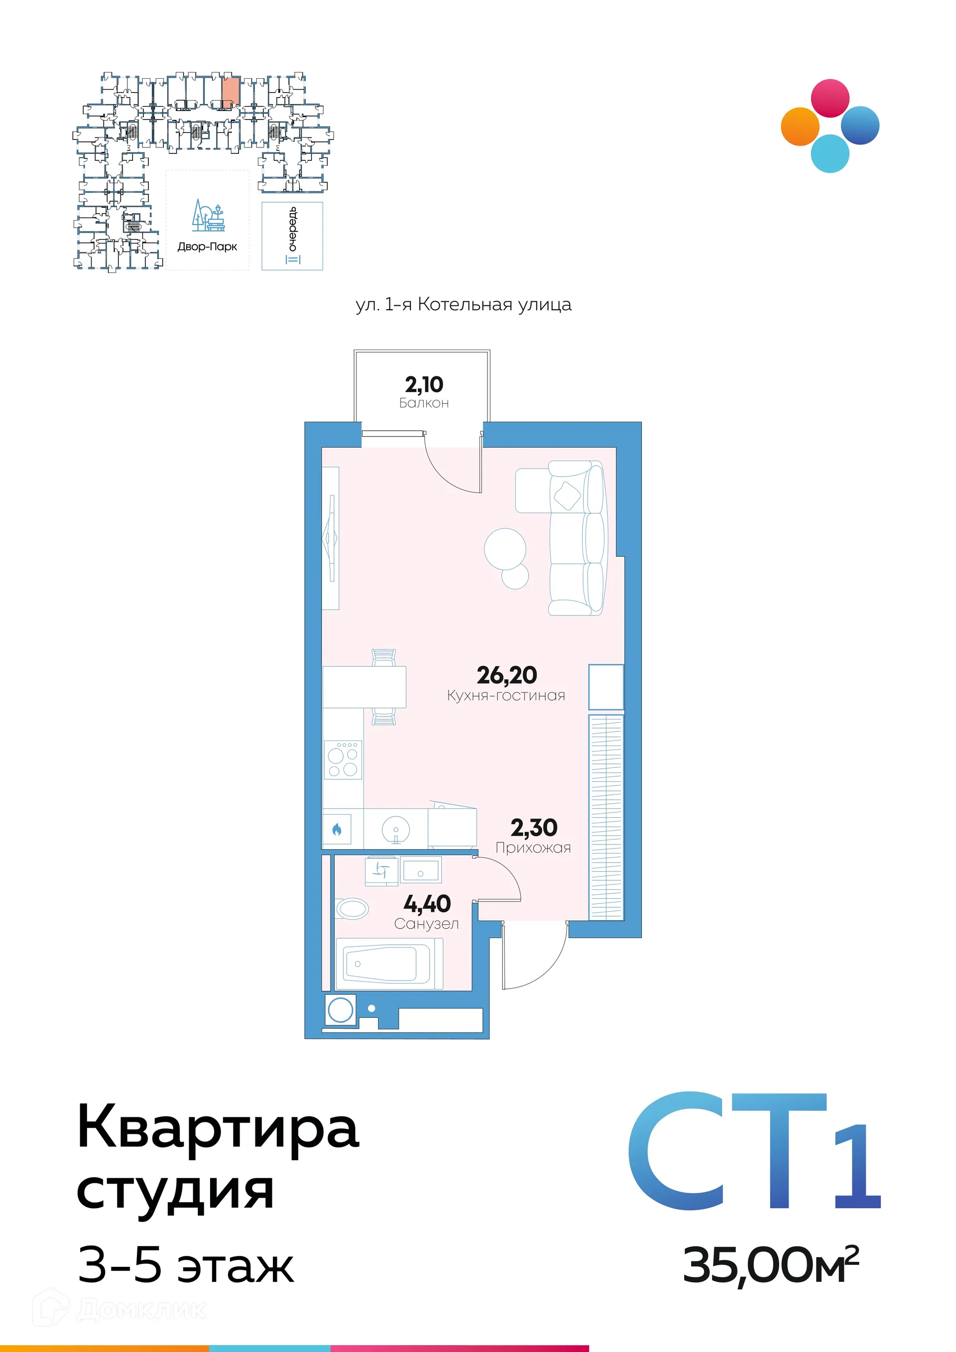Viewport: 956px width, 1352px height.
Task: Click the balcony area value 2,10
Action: point(424,384)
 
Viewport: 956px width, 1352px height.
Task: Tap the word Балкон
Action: point(424,403)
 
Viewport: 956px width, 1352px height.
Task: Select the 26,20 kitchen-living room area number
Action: point(506,675)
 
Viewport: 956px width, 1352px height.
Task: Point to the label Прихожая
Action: point(533,848)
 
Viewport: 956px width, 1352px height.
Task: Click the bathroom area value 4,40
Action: point(427,903)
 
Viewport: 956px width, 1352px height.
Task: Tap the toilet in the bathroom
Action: point(352,909)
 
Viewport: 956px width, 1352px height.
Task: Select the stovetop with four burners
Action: point(343,759)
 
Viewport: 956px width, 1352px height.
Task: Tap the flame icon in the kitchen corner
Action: point(337,830)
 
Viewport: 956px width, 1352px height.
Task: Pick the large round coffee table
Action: point(504,548)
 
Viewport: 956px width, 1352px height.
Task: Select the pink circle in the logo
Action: point(830,98)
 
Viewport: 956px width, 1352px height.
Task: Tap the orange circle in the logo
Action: point(800,126)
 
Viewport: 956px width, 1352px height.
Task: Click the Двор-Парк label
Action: point(207,246)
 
